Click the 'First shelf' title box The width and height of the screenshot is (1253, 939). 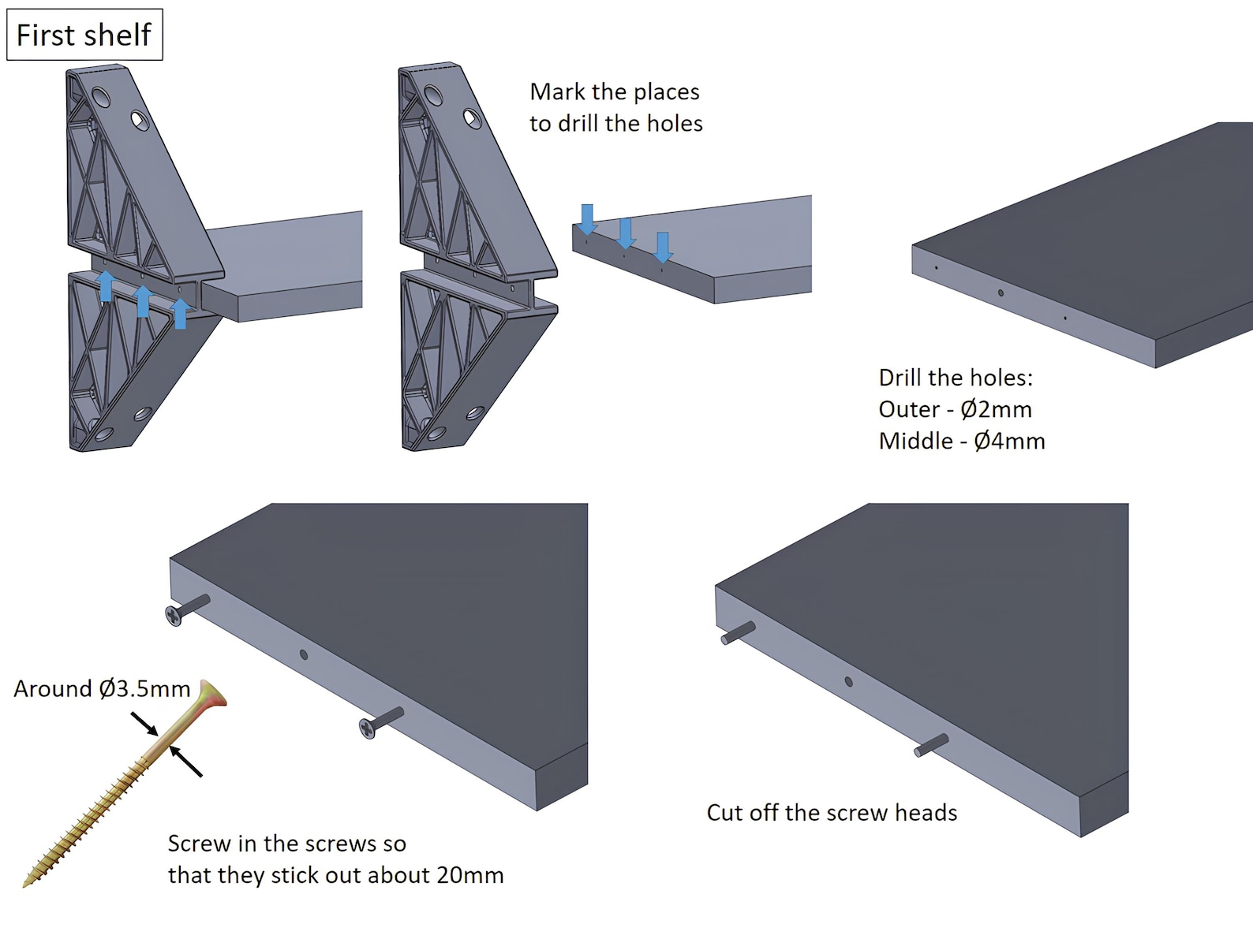pyautogui.click(x=84, y=35)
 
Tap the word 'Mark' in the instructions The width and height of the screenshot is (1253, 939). pyautogui.click(x=557, y=92)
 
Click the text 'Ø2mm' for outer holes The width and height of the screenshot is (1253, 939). pyautogui.click(x=996, y=409)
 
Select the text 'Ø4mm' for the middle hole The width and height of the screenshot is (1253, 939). pyautogui.click(x=1009, y=441)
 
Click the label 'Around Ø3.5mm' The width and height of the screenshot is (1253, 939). pyautogui.click(x=102, y=689)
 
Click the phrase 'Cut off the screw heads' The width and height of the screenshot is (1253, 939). pyautogui.click(x=832, y=813)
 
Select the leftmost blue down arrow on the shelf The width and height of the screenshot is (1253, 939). pyautogui.click(x=587, y=218)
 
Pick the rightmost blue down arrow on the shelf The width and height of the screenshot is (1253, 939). pyautogui.click(x=663, y=247)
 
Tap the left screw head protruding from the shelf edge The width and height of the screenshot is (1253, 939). pyautogui.click(x=174, y=616)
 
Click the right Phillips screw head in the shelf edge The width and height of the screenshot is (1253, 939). pyautogui.click(x=368, y=729)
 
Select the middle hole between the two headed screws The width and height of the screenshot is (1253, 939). pyautogui.click(x=304, y=654)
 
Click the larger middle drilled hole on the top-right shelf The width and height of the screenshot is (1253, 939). pyautogui.click(x=1001, y=293)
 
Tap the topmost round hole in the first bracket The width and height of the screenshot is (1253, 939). pyautogui.click(x=101, y=98)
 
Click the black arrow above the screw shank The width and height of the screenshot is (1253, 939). pyautogui.click(x=144, y=723)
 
